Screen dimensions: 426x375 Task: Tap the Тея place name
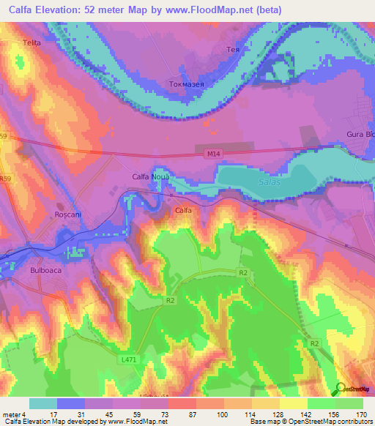point(232,51)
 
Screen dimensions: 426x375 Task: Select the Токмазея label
point(185,83)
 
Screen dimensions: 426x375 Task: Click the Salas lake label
point(269,182)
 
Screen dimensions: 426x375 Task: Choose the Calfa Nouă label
point(151,176)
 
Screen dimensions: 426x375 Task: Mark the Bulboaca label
point(50,269)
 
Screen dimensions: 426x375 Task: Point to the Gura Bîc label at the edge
point(360,135)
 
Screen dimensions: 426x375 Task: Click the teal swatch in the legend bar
point(43,403)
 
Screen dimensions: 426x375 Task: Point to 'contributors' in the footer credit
point(353,422)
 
